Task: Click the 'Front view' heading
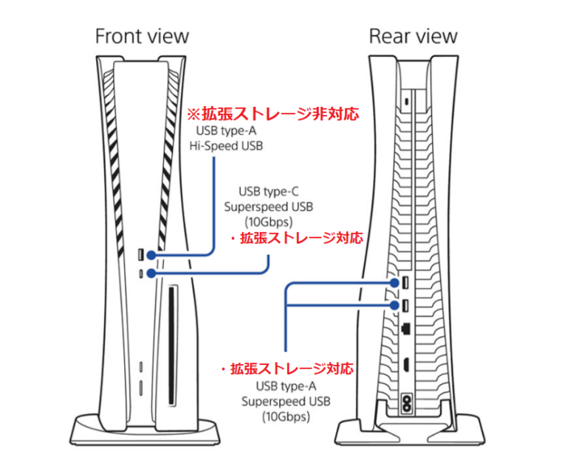(x=142, y=35)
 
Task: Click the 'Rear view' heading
(x=413, y=35)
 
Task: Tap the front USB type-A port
(x=141, y=255)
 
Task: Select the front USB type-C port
(x=141, y=273)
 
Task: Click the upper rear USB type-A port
(x=405, y=283)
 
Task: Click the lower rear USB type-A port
(x=405, y=305)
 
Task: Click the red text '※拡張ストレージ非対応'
(x=271, y=114)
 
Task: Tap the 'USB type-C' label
(x=268, y=192)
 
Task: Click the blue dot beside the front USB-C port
(x=151, y=273)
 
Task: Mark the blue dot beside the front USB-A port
(x=151, y=255)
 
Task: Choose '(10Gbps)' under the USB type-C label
(x=268, y=221)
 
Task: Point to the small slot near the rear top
(x=405, y=100)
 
